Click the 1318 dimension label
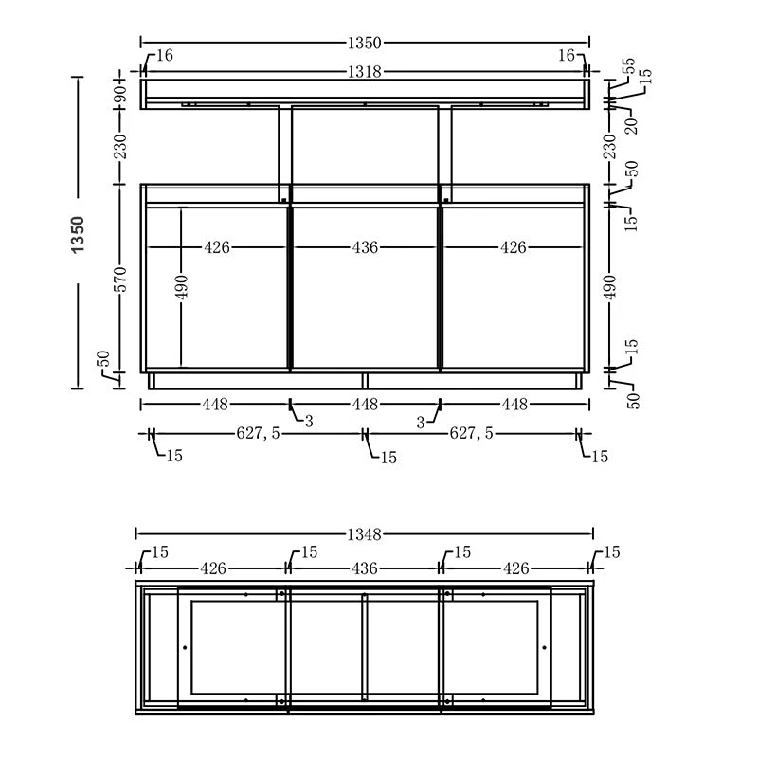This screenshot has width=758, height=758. coord(365,70)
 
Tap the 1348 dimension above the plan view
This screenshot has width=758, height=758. coord(365,535)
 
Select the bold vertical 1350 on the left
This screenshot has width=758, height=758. coord(78,233)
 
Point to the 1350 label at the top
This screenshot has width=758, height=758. coord(365,43)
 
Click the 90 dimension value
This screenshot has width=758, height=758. coord(120,94)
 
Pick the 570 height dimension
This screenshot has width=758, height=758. coord(120,279)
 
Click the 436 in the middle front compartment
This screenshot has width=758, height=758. coord(365,248)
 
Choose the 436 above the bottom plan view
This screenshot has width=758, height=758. coord(365,568)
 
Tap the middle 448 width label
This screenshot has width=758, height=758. coord(365,405)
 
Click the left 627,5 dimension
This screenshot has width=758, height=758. coord(258,433)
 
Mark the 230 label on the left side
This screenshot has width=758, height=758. coord(120,146)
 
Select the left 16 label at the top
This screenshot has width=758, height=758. coord(164,56)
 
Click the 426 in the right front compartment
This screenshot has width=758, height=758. coord(513,248)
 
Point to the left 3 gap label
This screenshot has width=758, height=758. coord(309,422)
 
